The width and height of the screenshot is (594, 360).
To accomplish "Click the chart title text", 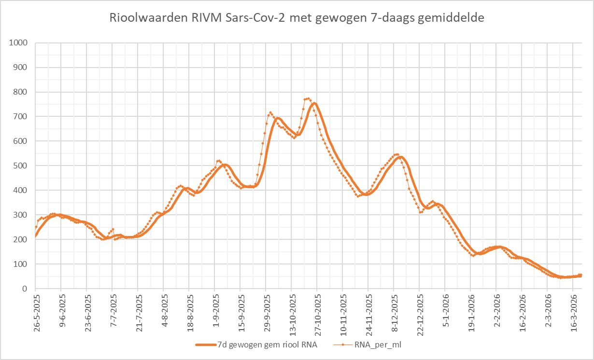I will [297, 18].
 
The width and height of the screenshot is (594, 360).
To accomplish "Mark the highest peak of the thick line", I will [314, 103].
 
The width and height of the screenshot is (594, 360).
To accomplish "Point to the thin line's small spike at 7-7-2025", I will [113, 229].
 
